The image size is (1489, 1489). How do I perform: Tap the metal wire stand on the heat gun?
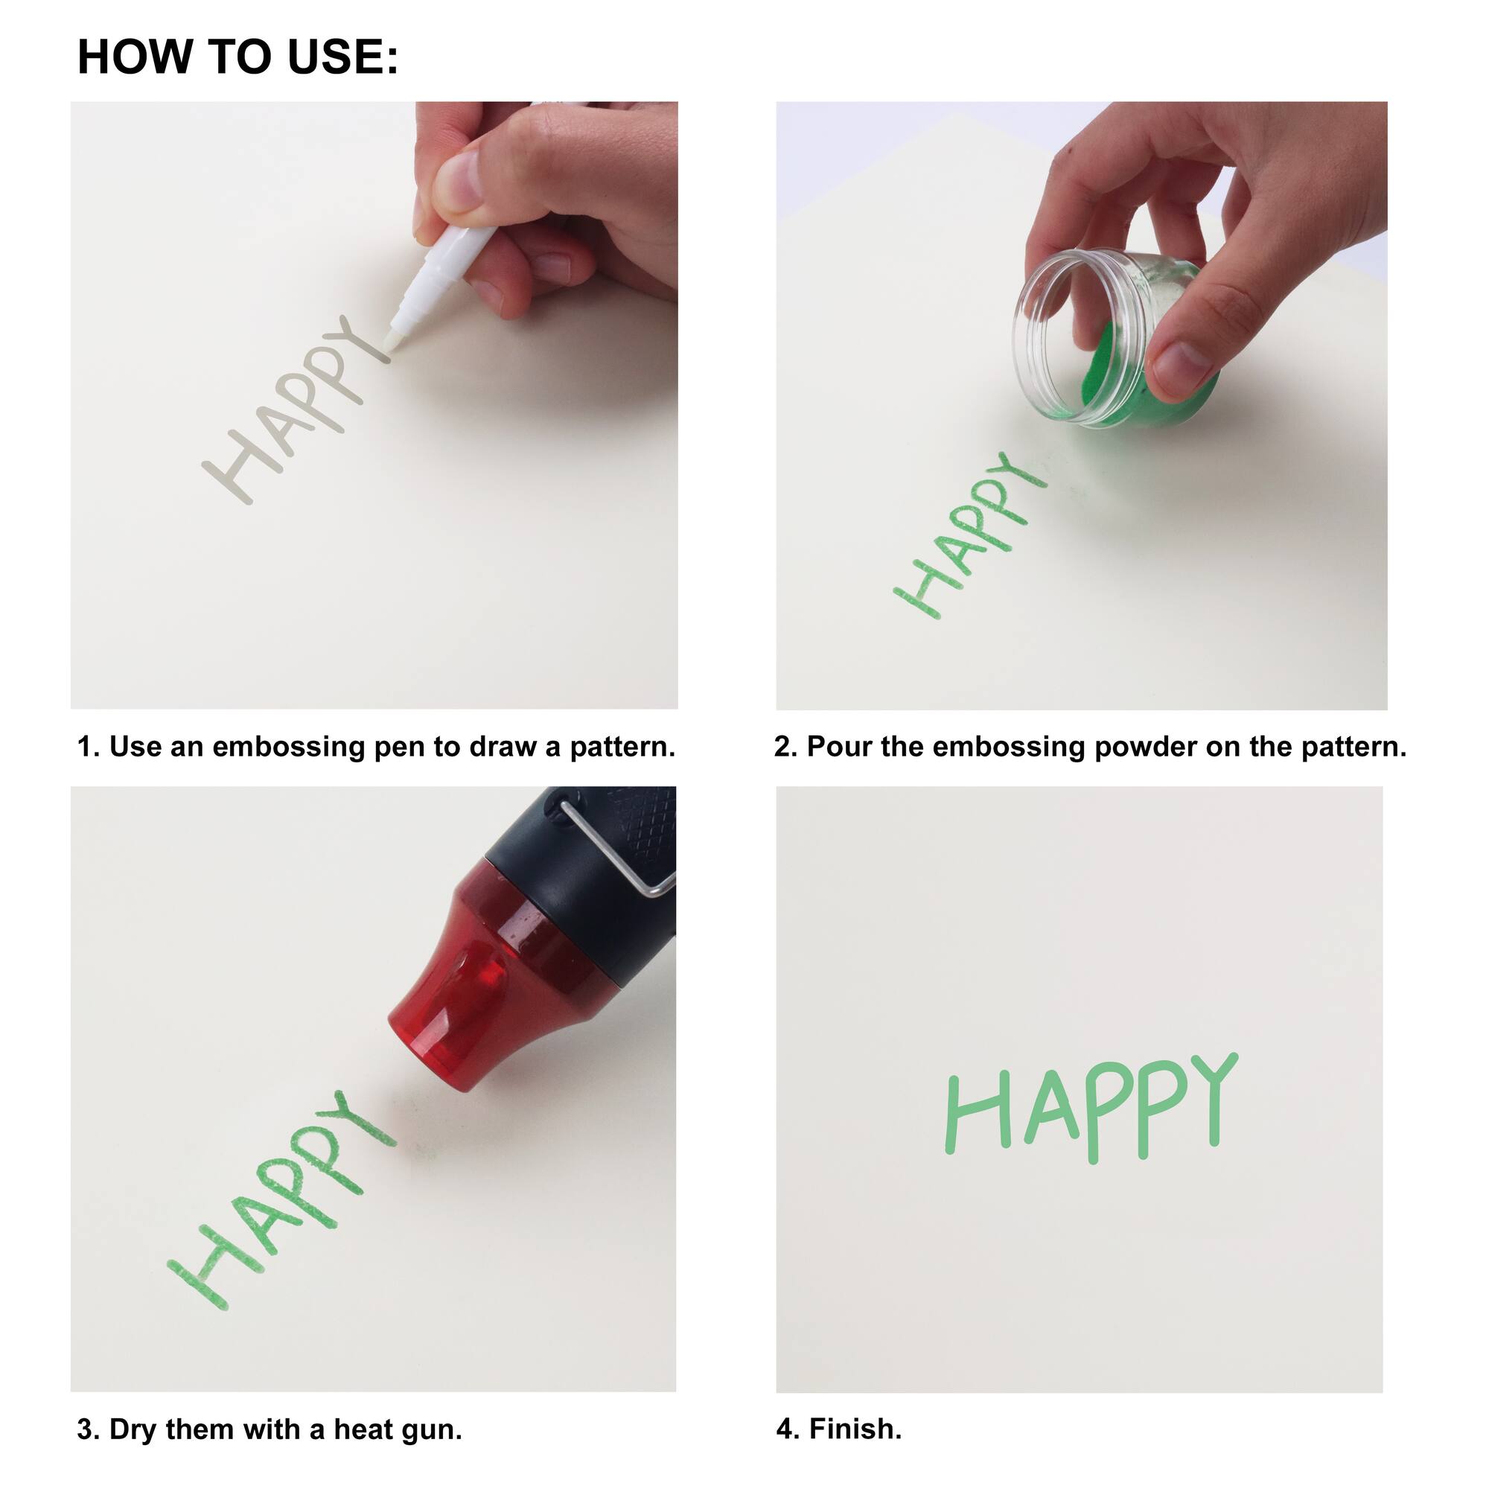click(x=616, y=852)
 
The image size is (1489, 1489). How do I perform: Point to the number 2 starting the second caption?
click(x=783, y=747)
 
